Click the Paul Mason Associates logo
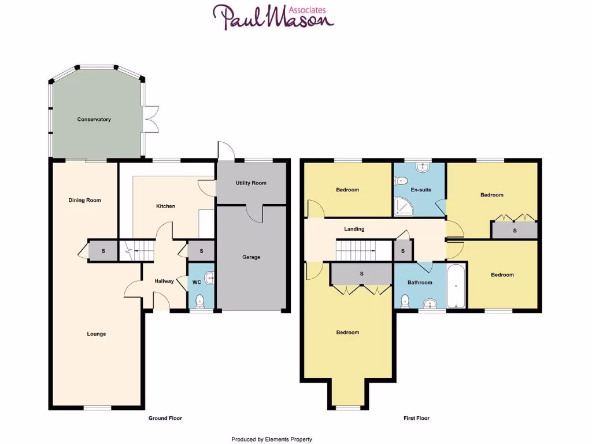(x=273, y=17)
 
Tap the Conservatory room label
(x=94, y=120)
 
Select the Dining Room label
(x=85, y=201)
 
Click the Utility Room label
(x=251, y=183)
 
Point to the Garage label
(x=251, y=257)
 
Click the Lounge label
(x=97, y=334)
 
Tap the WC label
(x=196, y=282)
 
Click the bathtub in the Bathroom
(x=456, y=285)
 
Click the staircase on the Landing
(x=356, y=251)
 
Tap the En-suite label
(x=421, y=190)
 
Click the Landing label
(x=354, y=230)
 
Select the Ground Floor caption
(x=165, y=418)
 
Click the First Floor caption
(x=416, y=418)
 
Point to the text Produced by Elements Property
(x=272, y=439)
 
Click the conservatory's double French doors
(x=152, y=120)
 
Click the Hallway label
(x=164, y=282)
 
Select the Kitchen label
(x=165, y=206)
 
